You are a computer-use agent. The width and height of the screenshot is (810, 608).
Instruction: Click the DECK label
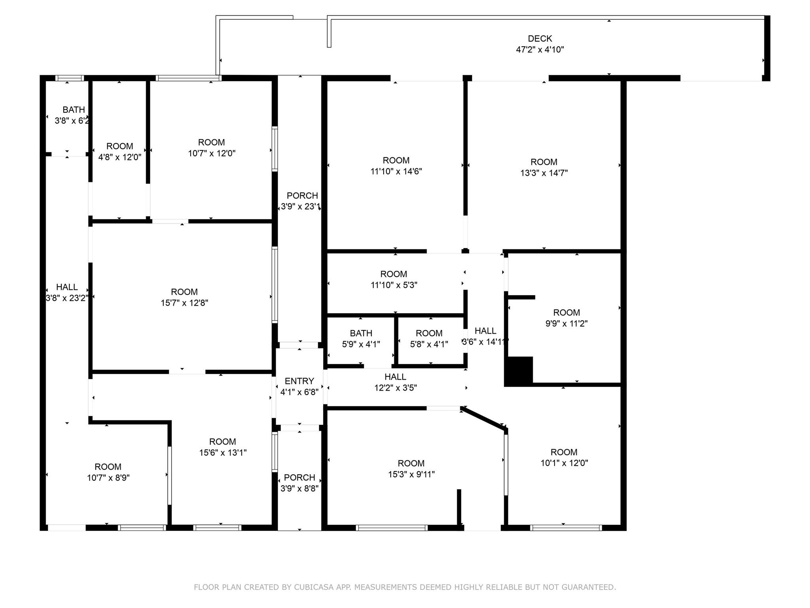(x=540, y=38)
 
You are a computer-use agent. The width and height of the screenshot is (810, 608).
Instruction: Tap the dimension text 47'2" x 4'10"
(x=540, y=49)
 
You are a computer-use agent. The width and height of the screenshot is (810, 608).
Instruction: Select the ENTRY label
(x=299, y=381)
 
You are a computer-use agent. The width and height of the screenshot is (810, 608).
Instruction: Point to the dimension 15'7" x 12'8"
(x=184, y=303)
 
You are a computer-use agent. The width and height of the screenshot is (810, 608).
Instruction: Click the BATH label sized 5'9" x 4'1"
(x=361, y=333)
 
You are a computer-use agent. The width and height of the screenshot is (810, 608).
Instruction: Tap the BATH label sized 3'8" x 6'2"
(x=74, y=110)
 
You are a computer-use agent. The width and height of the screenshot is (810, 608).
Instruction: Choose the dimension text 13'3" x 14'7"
(x=544, y=173)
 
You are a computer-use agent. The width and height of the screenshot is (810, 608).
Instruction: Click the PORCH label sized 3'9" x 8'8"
(x=299, y=477)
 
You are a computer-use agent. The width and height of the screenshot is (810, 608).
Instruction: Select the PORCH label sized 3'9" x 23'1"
(x=303, y=196)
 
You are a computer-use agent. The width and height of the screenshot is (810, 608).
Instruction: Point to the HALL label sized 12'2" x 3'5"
(x=396, y=377)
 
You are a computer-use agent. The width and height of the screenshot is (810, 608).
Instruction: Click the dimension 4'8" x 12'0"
(x=120, y=157)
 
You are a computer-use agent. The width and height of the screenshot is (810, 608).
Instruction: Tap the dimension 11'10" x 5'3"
(x=394, y=285)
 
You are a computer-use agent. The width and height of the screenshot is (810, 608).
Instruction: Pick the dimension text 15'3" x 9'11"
(x=411, y=474)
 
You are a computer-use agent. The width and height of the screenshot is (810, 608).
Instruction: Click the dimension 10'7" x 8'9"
(x=108, y=478)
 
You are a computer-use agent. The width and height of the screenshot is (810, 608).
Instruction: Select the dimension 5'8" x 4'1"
(x=429, y=344)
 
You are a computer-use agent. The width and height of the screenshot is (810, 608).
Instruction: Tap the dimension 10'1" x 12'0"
(x=564, y=463)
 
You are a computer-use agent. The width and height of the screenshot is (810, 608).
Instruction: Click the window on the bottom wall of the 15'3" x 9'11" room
(x=392, y=528)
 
